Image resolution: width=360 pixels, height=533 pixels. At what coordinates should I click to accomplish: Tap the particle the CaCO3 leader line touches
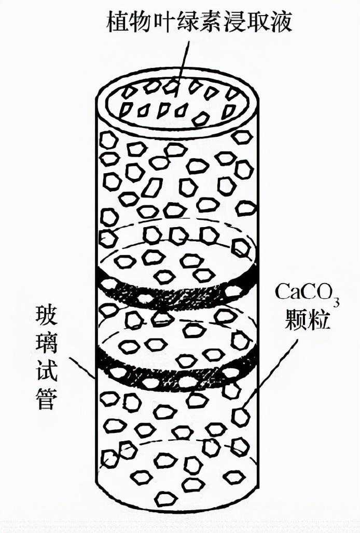tap(240, 416)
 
